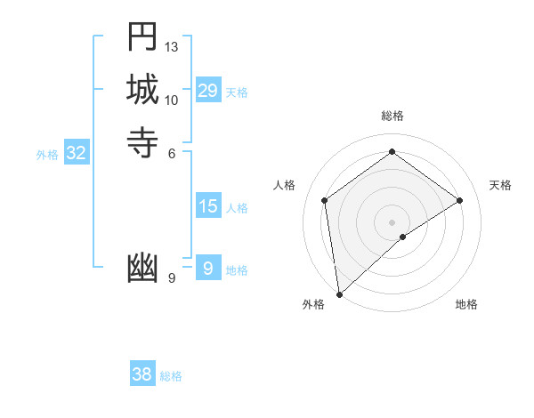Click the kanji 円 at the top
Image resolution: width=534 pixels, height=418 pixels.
pyautogui.click(x=142, y=38)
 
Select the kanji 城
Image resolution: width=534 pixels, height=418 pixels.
pyautogui.click(x=142, y=90)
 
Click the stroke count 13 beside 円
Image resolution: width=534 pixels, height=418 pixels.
pyautogui.click(x=172, y=46)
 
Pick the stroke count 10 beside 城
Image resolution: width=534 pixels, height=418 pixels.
pyautogui.click(x=172, y=100)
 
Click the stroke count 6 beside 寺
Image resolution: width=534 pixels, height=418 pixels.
pyautogui.click(x=172, y=153)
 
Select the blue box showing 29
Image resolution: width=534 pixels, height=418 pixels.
pyautogui.click(x=208, y=91)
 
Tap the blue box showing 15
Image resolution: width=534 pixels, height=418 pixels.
pyautogui.click(x=208, y=207)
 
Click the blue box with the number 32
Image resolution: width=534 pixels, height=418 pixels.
pyautogui.click(x=77, y=153)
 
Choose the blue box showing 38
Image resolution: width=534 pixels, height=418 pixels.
pyautogui.click(x=142, y=374)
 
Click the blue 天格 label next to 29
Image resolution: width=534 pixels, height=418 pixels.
pyautogui.click(x=237, y=92)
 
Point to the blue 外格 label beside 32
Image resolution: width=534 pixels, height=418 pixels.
pyautogui.click(x=47, y=155)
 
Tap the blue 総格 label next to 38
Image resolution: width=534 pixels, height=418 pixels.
pyautogui.click(x=171, y=376)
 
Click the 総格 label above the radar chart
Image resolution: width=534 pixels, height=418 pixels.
pyautogui.click(x=392, y=116)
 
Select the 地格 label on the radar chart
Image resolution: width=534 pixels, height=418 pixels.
pyautogui.click(x=466, y=304)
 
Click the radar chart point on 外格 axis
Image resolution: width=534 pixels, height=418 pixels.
pyautogui.click(x=338, y=294)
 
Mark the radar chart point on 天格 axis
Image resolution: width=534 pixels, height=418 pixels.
pyautogui.click(x=460, y=200)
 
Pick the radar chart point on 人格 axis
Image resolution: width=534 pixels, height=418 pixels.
pyautogui.click(x=325, y=200)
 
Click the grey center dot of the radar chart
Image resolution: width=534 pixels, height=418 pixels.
pyautogui.click(x=392, y=221)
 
